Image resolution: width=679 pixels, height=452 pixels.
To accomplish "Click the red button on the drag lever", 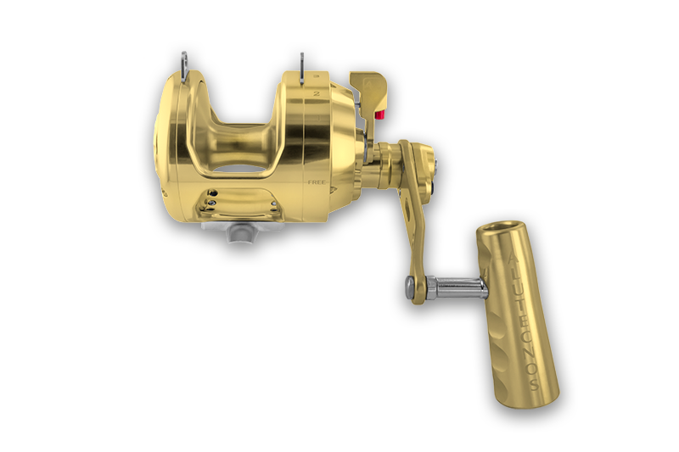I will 379,115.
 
